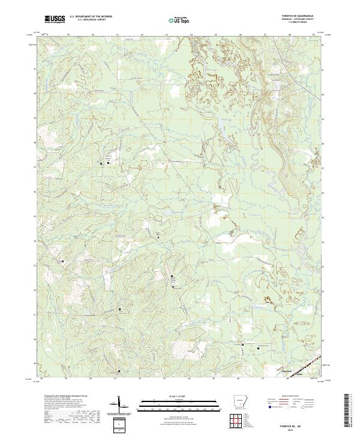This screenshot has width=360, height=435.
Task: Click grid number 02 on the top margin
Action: coord(142,35)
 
